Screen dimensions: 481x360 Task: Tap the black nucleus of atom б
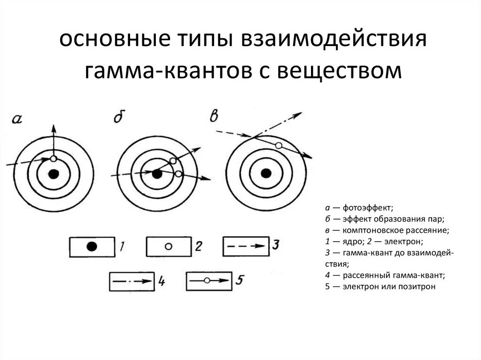pos(157,174)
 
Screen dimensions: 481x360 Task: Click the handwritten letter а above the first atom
pos(16,119)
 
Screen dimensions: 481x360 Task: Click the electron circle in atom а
pos(53,159)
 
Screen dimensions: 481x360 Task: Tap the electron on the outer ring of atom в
pos(279,146)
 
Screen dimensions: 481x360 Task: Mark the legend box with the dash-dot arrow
pos(132,282)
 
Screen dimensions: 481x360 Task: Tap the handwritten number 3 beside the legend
pos(276,245)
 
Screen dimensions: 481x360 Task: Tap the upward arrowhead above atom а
pos(53,129)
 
